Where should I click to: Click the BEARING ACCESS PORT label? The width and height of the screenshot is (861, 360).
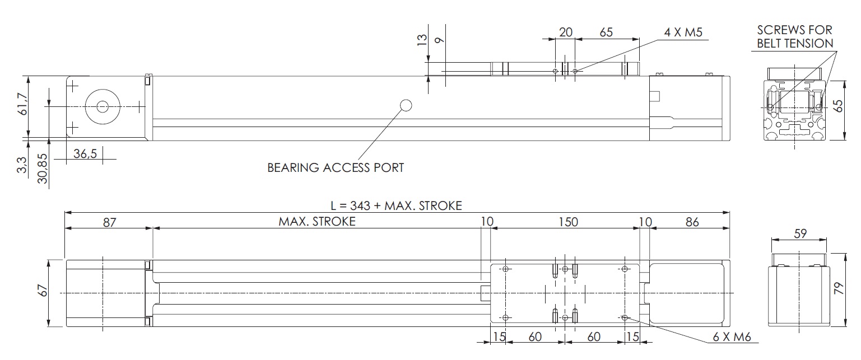335,167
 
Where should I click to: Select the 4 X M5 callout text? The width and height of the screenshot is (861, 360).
683,32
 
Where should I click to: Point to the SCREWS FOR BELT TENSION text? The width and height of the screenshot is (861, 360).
794,36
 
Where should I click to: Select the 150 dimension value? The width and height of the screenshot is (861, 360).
568,222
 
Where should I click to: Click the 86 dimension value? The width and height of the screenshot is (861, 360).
692,222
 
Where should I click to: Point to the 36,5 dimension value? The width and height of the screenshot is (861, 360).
85,154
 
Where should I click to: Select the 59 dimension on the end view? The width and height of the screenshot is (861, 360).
801,233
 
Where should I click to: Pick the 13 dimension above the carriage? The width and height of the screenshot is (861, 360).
422,39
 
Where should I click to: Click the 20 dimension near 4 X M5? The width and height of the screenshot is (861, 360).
566,32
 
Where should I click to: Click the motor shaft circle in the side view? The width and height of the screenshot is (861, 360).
103,106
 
